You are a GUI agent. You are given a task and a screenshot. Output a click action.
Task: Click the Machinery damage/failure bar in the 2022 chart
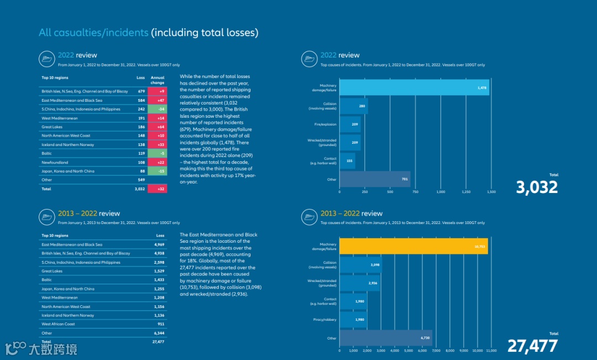click(414, 87)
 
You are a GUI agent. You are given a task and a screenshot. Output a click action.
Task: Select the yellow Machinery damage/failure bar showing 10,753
click(413, 246)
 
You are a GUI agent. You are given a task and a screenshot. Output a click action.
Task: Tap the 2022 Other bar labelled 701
click(375, 179)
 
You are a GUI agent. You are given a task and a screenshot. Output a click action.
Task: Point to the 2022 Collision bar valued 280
click(354, 106)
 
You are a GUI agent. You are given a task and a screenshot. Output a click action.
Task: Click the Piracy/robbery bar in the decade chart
click(353, 320)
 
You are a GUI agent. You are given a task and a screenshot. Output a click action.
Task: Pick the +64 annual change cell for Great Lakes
click(158, 127)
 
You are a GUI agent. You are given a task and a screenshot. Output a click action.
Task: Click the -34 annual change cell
click(158, 109)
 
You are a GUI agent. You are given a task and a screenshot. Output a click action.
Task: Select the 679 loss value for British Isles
click(141, 91)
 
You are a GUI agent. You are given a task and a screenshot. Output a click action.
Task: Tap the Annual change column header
click(158, 80)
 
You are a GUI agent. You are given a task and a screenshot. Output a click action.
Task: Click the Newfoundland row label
click(55, 163)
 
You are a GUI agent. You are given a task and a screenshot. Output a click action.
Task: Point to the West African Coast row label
click(58, 324)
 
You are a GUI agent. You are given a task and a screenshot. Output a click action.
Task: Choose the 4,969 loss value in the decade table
click(159, 244)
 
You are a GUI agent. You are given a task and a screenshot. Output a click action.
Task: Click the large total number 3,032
click(537, 187)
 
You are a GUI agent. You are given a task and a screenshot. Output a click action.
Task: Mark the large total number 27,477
click(532, 346)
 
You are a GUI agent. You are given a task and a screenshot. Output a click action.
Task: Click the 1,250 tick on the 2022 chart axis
click(466, 192)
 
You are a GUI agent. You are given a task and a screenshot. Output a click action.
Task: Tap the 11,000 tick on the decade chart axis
click(491, 351)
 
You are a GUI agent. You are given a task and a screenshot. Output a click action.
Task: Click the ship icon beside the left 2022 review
click(46, 59)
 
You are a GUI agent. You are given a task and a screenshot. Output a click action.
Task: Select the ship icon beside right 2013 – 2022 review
click(309, 217)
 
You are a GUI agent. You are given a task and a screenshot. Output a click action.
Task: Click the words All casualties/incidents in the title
click(93, 33)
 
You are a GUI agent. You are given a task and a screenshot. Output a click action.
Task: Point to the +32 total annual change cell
click(158, 189)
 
